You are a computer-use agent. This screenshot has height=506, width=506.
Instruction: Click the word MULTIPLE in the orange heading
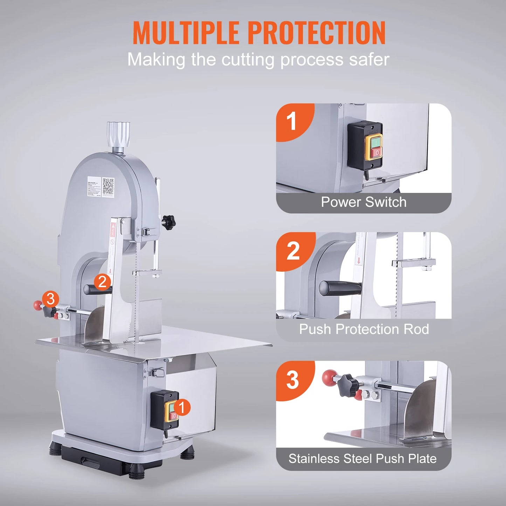(x=186, y=33)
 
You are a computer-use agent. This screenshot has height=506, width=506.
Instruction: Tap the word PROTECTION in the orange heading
(x=317, y=33)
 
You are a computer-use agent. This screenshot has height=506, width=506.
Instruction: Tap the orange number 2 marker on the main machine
(x=102, y=282)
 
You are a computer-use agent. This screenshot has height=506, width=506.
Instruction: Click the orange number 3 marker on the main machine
(x=50, y=299)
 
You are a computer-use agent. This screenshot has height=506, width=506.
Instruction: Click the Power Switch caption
(x=363, y=202)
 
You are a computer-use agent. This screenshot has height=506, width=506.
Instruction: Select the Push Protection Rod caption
(x=363, y=329)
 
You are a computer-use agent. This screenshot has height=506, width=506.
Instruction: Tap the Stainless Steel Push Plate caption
(x=362, y=459)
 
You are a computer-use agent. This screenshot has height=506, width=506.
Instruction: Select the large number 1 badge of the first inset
(x=292, y=122)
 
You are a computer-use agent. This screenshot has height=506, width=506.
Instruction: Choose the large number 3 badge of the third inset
(x=292, y=380)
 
